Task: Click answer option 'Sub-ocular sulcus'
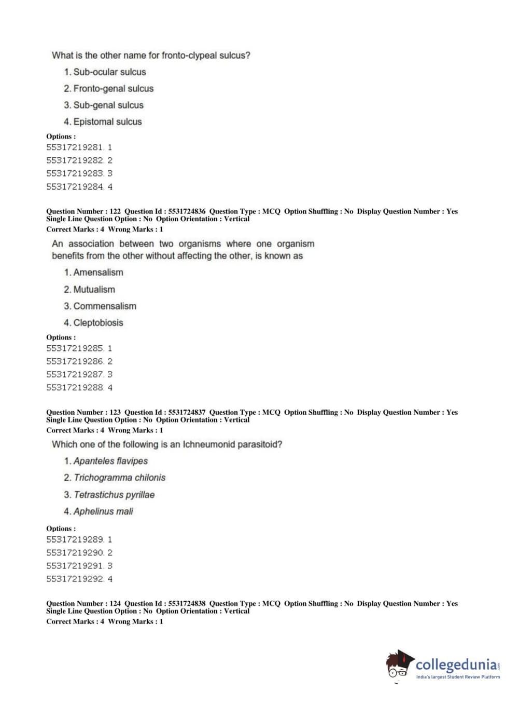point(109,72)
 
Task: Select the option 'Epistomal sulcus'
point(107,122)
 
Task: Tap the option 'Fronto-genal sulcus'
point(113,89)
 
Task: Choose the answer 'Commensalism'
point(105,306)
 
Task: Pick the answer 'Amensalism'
point(98,273)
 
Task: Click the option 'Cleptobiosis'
point(98,323)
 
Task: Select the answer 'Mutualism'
point(94,290)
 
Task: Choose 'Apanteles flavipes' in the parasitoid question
point(110,461)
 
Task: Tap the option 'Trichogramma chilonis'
point(119,478)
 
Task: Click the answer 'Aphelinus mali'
point(103,511)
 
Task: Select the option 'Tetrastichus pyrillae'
point(114,495)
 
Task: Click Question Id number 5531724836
point(187,211)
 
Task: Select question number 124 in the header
point(115,603)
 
